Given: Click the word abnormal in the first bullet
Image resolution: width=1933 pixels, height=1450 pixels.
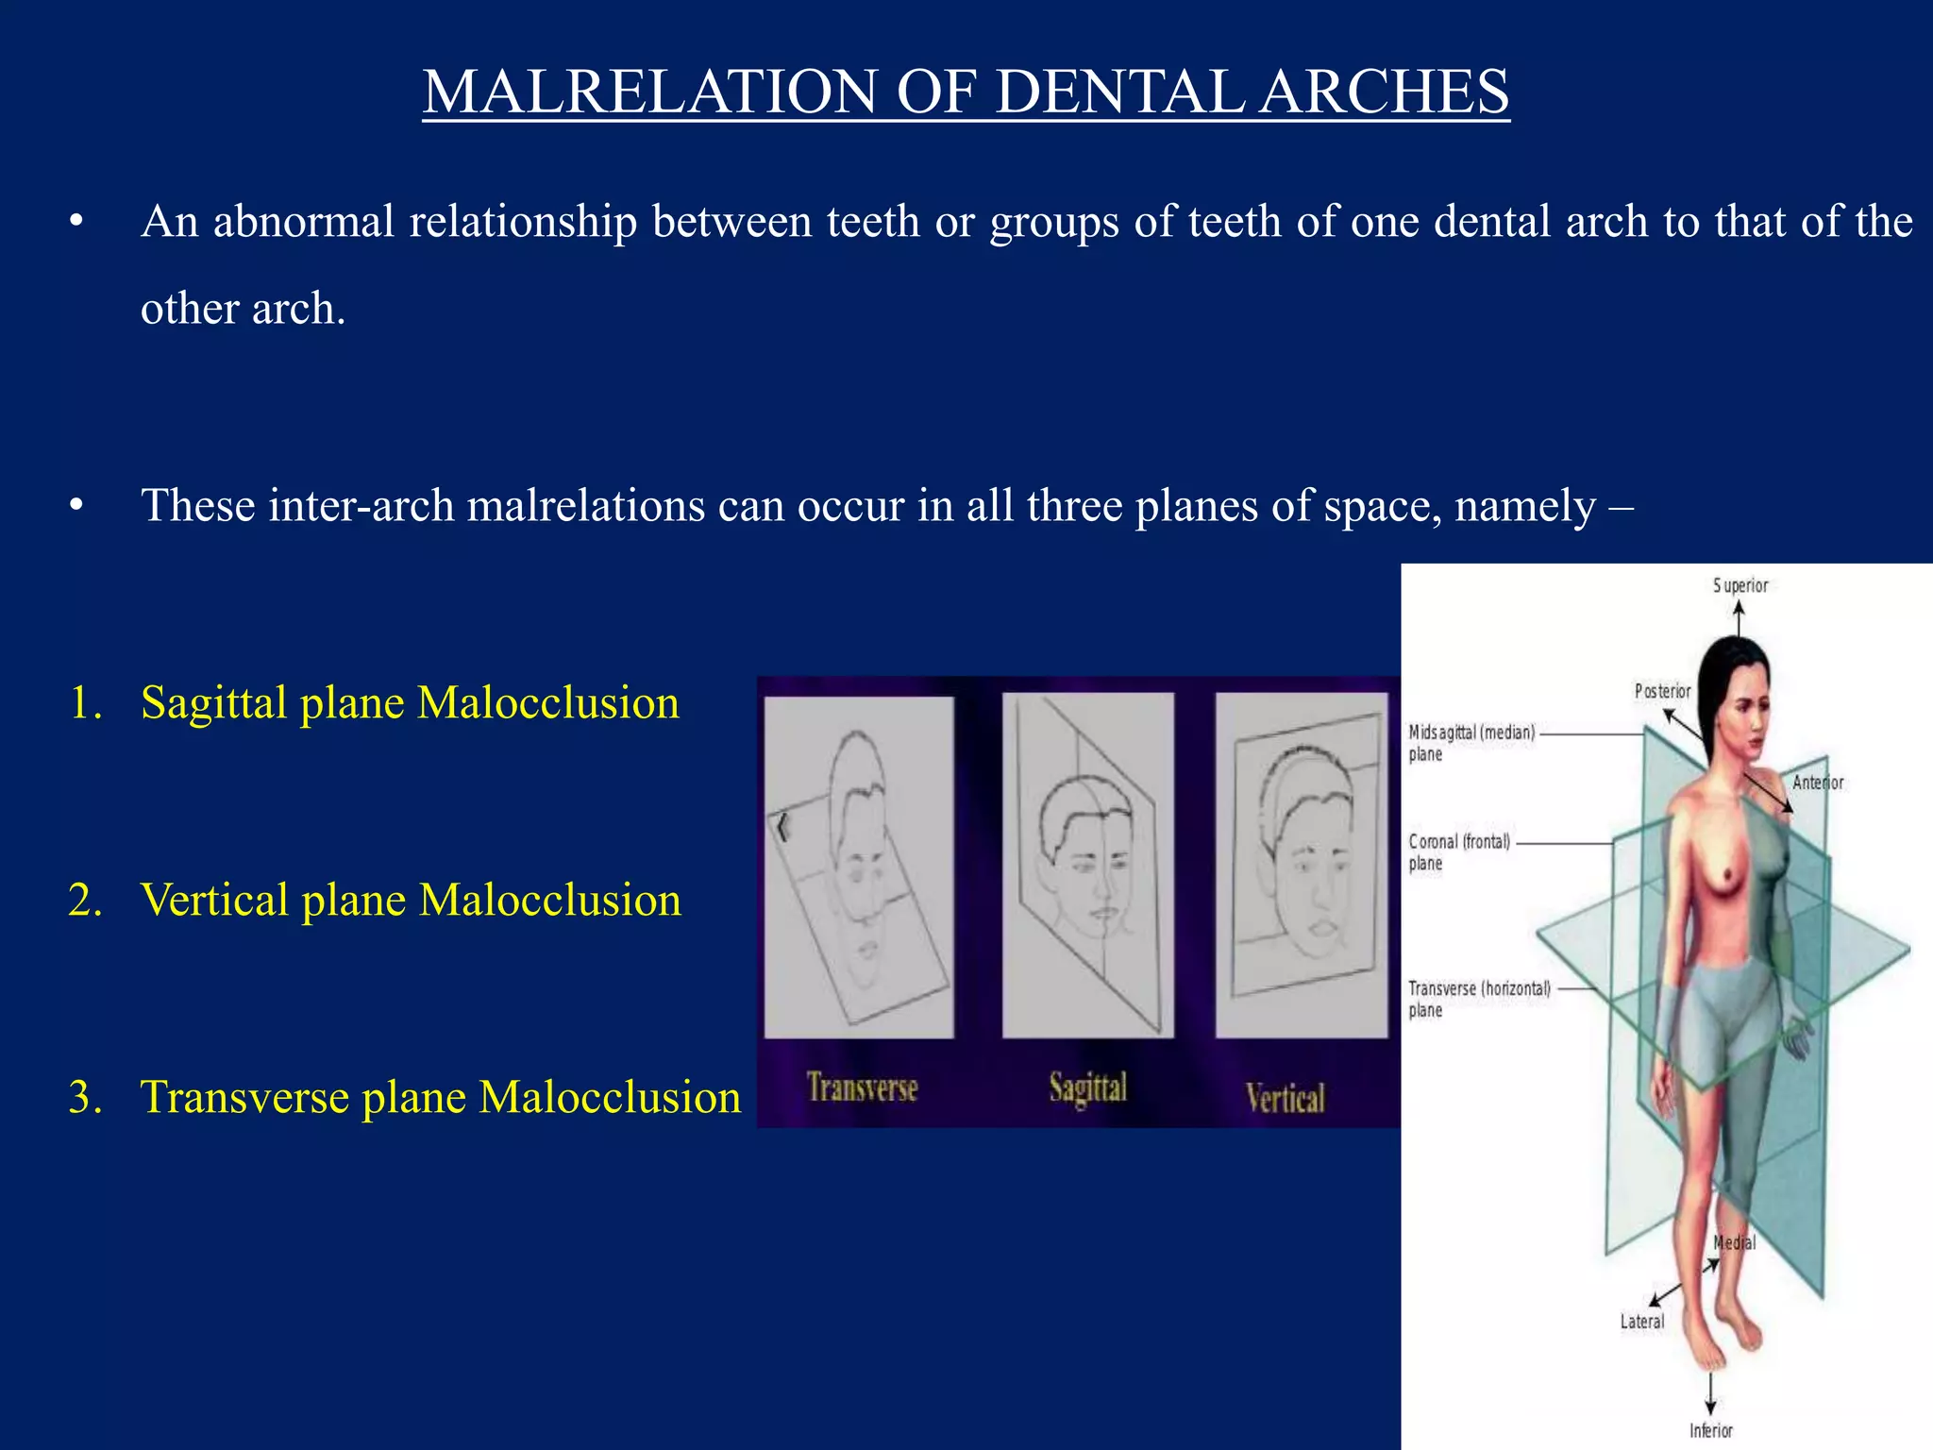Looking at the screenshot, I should point(303,222).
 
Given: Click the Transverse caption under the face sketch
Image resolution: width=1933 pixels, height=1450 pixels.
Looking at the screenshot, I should point(862,1088).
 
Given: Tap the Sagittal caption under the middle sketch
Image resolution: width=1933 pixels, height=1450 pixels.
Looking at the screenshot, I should point(1088,1088).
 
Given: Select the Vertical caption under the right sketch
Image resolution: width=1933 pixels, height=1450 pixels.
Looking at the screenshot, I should point(1285,1098).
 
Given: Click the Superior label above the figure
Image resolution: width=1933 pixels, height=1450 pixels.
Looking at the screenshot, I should point(1740,586).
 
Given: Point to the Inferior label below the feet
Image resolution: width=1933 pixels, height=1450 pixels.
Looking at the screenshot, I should point(1710,1430).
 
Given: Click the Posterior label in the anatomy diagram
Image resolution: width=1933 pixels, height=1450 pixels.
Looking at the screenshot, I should point(1662,691).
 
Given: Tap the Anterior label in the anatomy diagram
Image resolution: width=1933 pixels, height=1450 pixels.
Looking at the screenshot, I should point(1817,783).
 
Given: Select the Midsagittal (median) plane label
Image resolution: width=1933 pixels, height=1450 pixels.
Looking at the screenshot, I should point(1471,742).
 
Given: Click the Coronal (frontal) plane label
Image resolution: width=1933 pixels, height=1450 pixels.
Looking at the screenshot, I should point(1459,851).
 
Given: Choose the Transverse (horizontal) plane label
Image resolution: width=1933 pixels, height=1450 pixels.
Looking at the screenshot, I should point(1479,999).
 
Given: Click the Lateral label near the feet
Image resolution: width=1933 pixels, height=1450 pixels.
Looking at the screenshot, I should point(1641,1322).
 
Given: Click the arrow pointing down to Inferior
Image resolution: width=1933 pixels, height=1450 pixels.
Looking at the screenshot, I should point(1710,1395).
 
